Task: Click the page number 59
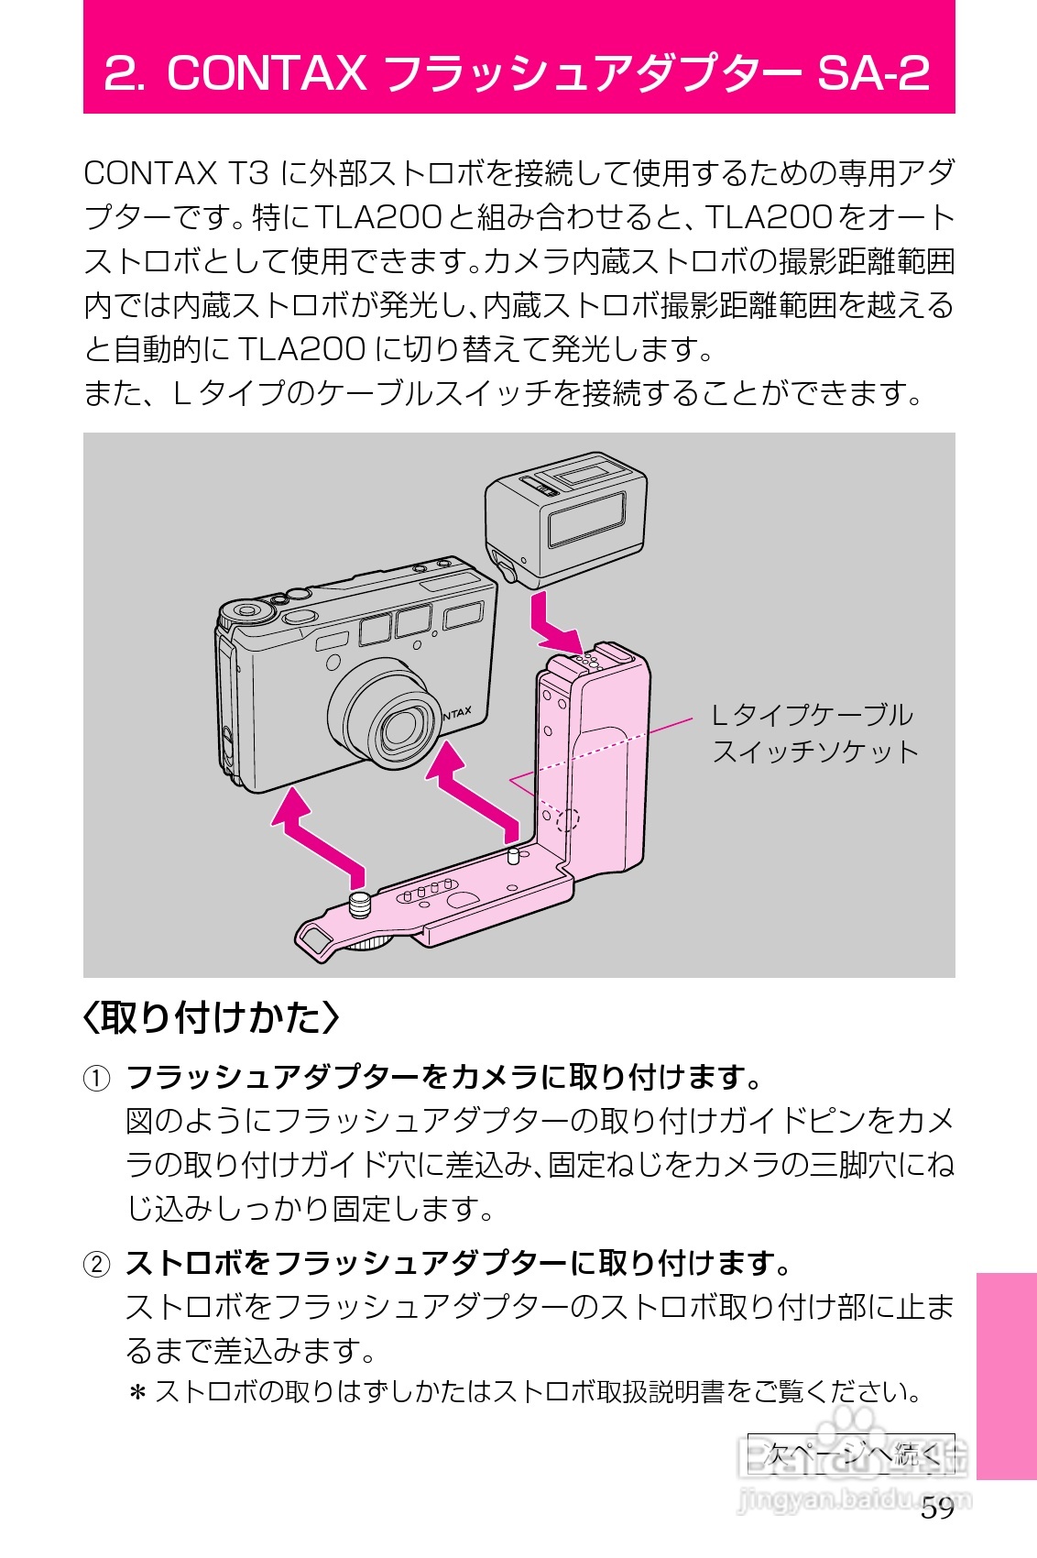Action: (937, 1509)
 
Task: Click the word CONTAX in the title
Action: (266, 73)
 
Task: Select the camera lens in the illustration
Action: (398, 727)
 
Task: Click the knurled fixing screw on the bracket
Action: (360, 904)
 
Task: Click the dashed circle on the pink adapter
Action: (568, 818)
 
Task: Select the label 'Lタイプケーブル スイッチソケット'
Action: (813, 733)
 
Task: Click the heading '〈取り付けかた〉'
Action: (211, 1017)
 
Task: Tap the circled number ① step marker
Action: (96, 1078)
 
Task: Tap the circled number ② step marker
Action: (96, 1265)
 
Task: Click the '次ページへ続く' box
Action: (851, 1454)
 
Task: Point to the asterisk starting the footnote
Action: (137, 1394)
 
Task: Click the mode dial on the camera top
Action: (246, 611)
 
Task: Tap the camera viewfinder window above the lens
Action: (413, 620)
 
